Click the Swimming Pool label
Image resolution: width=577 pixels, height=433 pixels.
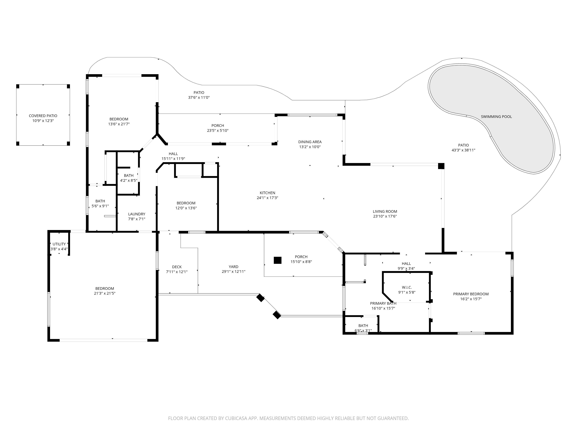(x=496, y=117)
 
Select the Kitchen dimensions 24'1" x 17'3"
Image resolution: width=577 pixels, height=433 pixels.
(x=267, y=198)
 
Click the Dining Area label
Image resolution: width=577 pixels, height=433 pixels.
(x=310, y=142)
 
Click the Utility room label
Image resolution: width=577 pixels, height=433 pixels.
(x=59, y=244)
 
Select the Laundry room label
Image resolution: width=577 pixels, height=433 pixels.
(x=137, y=214)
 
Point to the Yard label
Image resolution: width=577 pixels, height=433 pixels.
(x=233, y=267)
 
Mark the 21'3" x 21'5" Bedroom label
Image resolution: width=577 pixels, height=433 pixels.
(x=105, y=291)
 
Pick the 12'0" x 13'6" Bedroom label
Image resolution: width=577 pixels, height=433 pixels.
(x=186, y=205)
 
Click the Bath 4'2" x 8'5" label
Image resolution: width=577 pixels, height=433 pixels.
(x=129, y=178)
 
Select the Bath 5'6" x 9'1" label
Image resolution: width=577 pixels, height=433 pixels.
(x=100, y=203)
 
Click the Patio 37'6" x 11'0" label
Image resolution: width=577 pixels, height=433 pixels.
(x=199, y=95)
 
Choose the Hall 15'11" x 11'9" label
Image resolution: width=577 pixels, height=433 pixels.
(x=173, y=156)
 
